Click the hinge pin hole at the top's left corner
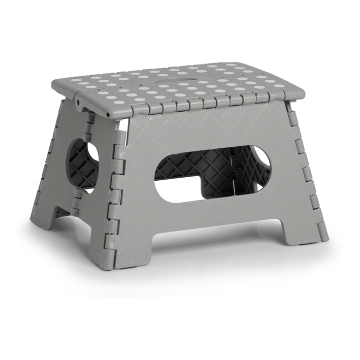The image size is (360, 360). click(x=80, y=102)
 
